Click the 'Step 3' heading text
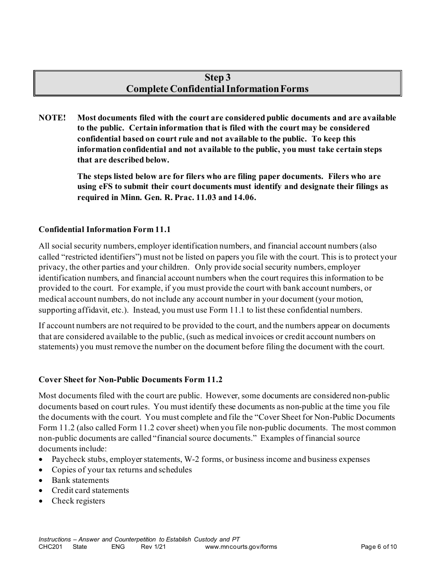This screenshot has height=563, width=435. click(x=217, y=77)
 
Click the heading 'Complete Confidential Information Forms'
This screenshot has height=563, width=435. click(x=217, y=89)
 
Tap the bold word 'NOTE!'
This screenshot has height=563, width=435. click(x=52, y=118)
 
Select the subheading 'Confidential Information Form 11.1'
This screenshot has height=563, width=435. click(x=104, y=229)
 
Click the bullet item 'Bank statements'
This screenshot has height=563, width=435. click(x=80, y=480)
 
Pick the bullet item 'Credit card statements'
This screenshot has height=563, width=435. click(x=90, y=490)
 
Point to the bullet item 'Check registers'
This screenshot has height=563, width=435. click(x=78, y=501)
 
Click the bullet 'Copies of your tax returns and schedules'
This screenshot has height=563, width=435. click(x=122, y=470)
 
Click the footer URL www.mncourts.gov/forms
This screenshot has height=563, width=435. click(x=241, y=547)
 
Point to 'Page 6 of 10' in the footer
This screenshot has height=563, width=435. click(x=379, y=547)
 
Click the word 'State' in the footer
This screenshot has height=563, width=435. click(x=80, y=547)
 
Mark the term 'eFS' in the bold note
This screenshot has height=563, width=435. click(x=103, y=187)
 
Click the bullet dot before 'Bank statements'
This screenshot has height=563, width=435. click(x=42, y=481)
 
